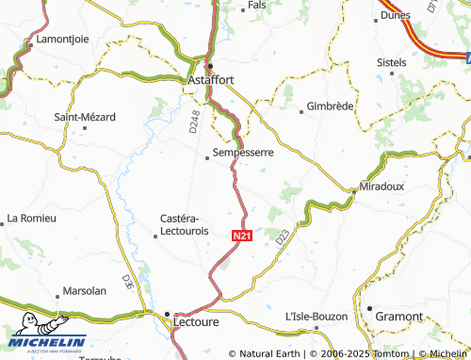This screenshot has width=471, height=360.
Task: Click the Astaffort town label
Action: [x=210, y=81]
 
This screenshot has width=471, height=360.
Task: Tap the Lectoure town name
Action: [x=196, y=322]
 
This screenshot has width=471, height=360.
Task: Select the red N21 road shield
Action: [x=241, y=236]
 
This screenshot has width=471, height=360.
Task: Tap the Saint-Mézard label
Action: [x=85, y=117]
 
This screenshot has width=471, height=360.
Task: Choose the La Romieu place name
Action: [x=31, y=218]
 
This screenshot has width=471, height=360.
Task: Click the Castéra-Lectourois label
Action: [x=185, y=224]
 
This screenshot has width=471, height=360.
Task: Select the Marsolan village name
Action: [x=83, y=291]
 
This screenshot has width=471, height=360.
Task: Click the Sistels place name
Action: [x=391, y=62]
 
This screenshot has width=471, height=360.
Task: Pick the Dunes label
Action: [x=396, y=15]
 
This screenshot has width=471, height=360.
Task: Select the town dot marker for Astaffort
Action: [x=210, y=65]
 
